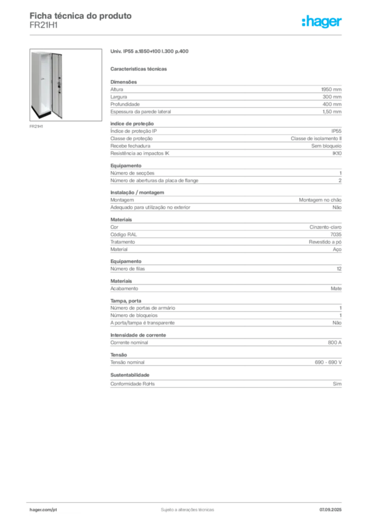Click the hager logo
click(322, 22)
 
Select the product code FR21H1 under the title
click(44, 25)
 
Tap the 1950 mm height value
click(331, 89)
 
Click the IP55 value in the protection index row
click(336, 132)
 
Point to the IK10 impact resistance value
click(337, 153)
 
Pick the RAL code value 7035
click(336, 235)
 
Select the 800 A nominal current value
click(334, 343)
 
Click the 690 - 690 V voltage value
click(328, 363)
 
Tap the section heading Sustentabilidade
click(130, 375)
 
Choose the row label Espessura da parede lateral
click(141, 112)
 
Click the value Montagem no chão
click(320, 200)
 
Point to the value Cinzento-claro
click(325, 227)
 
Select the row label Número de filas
click(128, 269)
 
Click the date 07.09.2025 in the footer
click(330, 510)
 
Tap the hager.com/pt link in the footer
click(43, 510)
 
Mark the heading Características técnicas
click(139, 69)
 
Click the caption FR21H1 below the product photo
click(36, 126)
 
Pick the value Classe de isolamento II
click(316, 139)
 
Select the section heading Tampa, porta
click(126, 301)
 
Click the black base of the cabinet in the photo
click(42, 113)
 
